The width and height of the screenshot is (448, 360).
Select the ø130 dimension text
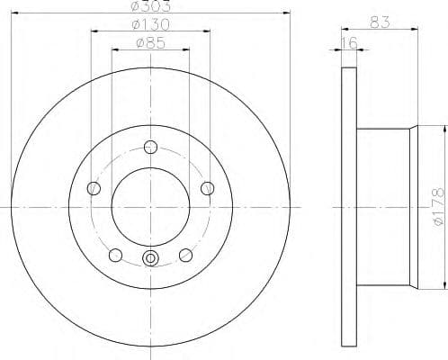click(150, 26)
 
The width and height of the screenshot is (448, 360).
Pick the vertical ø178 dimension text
click(438, 206)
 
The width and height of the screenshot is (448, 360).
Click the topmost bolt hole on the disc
click(150, 147)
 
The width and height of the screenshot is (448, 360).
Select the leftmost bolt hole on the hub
click(93, 188)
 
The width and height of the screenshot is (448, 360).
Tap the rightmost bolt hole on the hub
click(208, 187)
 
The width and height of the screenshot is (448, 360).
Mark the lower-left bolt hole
click(115, 255)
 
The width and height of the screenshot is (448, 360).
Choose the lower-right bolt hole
click(186, 255)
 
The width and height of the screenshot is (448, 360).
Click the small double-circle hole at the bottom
click(150, 260)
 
